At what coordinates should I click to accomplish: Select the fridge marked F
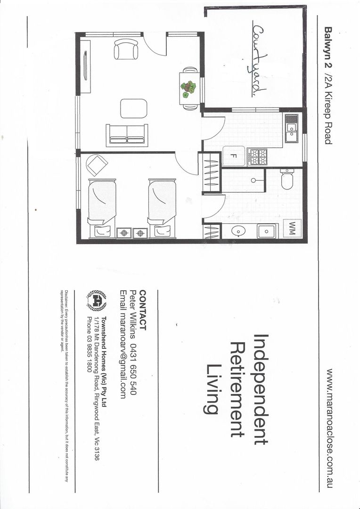point(233,156)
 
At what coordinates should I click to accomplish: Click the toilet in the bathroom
point(286,180)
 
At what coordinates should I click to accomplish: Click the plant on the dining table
point(189,89)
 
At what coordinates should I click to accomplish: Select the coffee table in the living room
point(133,108)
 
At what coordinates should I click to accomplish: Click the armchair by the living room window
point(126,49)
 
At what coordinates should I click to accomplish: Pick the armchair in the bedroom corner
point(98,165)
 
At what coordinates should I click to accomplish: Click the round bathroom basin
point(238,231)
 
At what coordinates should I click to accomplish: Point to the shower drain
point(253,181)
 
